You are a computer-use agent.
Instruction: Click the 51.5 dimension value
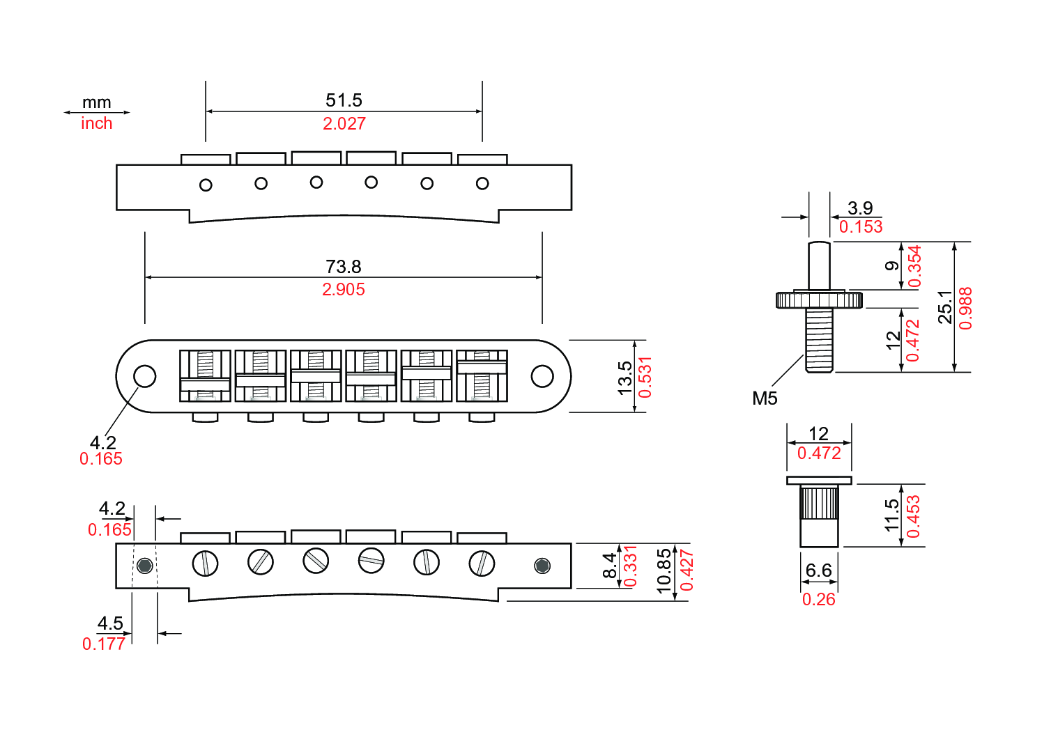coord(344,100)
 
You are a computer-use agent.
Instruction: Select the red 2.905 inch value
coord(343,290)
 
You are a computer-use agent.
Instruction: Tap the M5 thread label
coord(765,398)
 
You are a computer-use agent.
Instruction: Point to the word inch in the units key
coord(96,123)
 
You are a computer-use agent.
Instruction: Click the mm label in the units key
coord(96,102)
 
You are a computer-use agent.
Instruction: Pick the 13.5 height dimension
coord(625,377)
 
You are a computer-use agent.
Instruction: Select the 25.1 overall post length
coord(945,307)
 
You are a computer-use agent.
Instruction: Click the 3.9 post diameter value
coord(860,208)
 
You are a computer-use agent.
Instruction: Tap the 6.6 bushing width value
coord(818,570)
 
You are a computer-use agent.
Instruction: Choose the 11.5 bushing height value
coord(892,515)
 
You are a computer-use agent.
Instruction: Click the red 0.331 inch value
coord(630,566)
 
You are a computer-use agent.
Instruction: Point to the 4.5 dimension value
coord(110,623)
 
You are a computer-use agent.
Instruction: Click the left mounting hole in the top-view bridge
coord(145,376)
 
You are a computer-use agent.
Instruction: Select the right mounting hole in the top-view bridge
coord(542,376)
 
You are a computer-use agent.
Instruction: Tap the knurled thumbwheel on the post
coord(819,300)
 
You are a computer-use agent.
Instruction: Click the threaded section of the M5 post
coord(819,340)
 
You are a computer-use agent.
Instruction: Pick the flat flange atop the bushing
coord(819,480)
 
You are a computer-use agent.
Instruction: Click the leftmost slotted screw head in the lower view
coord(205,563)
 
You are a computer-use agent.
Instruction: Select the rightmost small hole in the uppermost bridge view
coord(482,184)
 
